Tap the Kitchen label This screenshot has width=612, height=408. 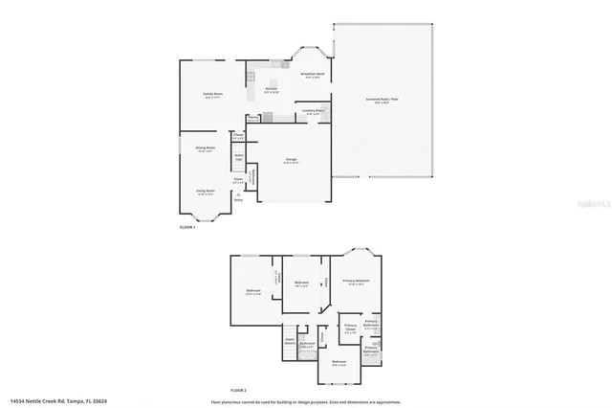coord(272,90)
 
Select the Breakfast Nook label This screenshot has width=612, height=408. coord(313,76)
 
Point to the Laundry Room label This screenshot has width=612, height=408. coord(312,111)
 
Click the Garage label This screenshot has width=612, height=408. coord(291,160)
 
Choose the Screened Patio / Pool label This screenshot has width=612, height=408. coord(382,99)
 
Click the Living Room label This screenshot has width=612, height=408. coord(206,191)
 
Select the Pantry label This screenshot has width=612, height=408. coord(252,118)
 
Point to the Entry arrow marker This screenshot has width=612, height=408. coord(238,193)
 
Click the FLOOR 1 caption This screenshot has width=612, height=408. coord(187,227)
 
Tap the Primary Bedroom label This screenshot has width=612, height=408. coord(357,282)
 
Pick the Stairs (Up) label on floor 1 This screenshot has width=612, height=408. coord(239,156)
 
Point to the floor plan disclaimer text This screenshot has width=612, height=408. coord(306,400)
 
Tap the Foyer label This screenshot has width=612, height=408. coord(237,179)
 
